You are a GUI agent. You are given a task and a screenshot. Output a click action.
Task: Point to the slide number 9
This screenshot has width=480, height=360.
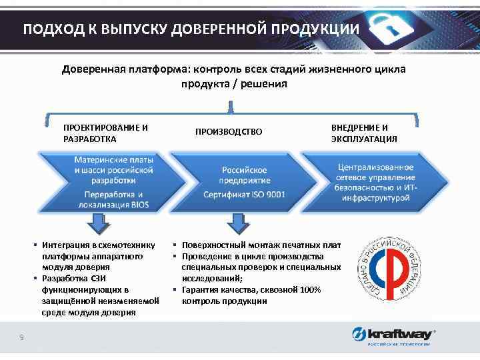[x=22, y=338]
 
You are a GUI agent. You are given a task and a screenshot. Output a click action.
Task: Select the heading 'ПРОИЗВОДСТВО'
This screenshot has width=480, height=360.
[x=229, y=132]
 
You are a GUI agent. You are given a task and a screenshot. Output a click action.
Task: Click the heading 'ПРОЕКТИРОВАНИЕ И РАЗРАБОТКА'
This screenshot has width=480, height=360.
[x=105, y=133]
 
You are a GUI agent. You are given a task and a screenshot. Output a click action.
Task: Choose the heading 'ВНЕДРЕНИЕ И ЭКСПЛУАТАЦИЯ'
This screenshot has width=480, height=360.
[x=363, y=133]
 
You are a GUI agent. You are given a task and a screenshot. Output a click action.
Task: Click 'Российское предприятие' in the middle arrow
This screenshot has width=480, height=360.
[x=245, y=175]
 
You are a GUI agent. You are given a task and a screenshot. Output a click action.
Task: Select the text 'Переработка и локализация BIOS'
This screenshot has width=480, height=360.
[x=113, y=199]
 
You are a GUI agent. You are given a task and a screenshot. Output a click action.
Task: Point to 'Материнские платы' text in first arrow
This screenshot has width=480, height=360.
[x=113, y=161]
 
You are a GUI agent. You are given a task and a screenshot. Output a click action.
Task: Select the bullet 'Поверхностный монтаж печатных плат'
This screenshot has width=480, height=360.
[x=257, y=245]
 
